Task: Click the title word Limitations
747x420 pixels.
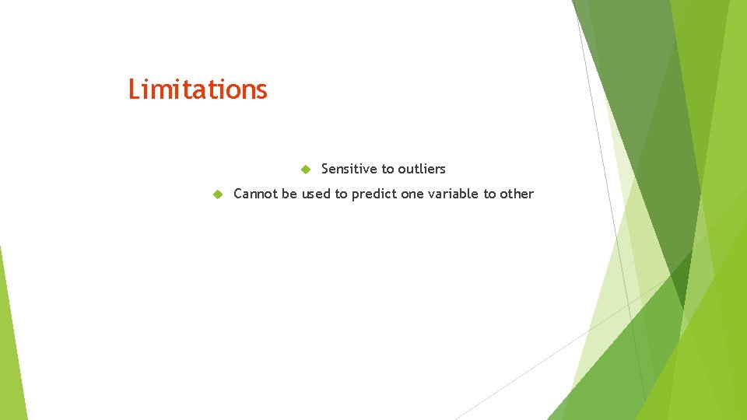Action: tap(198, 89)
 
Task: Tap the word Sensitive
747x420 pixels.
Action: tap(348, 169)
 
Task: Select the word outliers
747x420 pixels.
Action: tap(421, 169)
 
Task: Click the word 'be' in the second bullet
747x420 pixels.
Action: tap(289, 194)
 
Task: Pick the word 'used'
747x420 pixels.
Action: tap(316, 194)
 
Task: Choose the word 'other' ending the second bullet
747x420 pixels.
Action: tap(517, 194)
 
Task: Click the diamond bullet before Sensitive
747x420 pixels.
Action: tap(306, 169)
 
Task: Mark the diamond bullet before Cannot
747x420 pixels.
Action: tap(219, 194)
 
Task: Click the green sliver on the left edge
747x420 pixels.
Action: tap(9, 342)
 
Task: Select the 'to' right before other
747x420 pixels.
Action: tap(489, 194)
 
